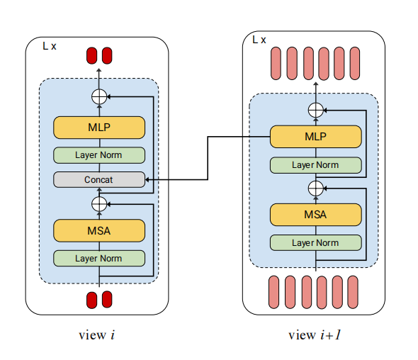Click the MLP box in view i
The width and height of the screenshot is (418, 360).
(99, 128)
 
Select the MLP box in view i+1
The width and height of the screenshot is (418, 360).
(316, 137)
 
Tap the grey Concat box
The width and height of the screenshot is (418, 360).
(99, 180)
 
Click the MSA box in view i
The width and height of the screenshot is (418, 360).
(99, 230)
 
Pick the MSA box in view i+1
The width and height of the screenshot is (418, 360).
(316, 215)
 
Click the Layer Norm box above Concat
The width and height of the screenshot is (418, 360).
(99, 155)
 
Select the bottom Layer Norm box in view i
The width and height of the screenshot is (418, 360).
(99, 259)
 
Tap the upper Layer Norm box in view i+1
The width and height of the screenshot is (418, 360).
(316, 165)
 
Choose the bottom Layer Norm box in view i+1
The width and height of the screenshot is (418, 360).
(316, 242)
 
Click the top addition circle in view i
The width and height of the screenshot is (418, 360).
(99, 96)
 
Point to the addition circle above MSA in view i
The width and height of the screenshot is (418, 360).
(99, 204)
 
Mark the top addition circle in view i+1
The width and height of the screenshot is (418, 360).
(316, 110)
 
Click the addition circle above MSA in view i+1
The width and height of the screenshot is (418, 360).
(316, 189)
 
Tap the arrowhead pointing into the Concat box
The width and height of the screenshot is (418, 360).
(147, 180)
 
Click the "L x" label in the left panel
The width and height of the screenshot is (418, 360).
(50, 46)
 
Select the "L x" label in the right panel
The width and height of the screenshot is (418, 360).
(259, 40)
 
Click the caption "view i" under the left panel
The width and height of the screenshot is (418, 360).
(97, 335)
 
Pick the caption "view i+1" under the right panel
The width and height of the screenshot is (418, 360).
(315, 335)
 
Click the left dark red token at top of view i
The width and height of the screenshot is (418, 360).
(91, 56)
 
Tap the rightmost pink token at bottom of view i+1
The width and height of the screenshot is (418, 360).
(353, 292)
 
